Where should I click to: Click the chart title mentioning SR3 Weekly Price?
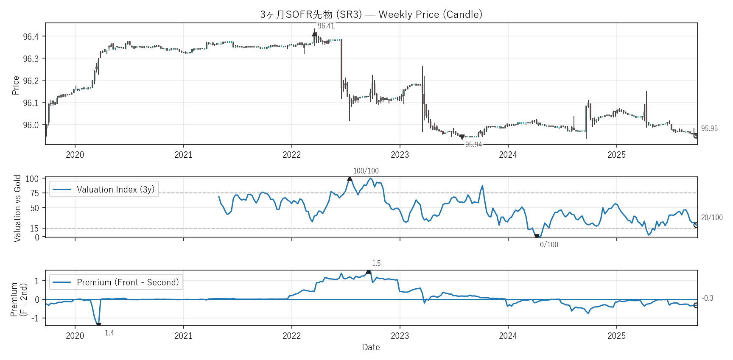[x=371, y=14]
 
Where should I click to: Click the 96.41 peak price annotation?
[x=326, y=26]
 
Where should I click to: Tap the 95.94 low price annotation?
[x=473, y=145]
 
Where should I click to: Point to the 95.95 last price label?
[x=709, y=128]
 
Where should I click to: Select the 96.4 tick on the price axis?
[x=31, y=37]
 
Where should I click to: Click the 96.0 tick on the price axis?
[x=31, y=125]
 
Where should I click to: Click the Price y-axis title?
[x=16, y=85]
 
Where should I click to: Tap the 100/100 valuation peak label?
[x=366, y=171]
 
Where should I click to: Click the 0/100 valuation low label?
[x=549, y=245]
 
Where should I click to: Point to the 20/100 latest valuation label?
[x=712, y=218]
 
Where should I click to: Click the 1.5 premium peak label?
[x=376, y=263]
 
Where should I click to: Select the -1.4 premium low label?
[x=108, y=333]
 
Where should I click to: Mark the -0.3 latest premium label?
[x=708, y=298]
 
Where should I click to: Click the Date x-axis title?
[x=371, y=347]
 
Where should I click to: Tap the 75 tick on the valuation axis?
[x=34, y=193]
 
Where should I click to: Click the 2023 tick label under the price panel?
[x=400, y=155]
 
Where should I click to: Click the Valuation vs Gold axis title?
[x=17, y=208]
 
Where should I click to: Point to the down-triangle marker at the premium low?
[x=98, y=325]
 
